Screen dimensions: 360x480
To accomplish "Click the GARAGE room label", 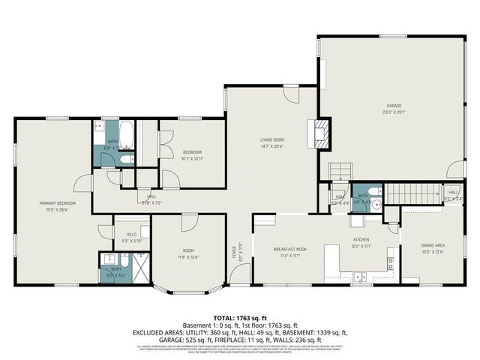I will (394, 106).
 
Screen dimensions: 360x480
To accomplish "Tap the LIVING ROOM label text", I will (271, 140).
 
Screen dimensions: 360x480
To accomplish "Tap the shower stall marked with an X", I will (140, 266).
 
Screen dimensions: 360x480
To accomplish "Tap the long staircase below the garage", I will (414, 193).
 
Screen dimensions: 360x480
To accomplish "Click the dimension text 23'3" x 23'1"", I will (394, 112).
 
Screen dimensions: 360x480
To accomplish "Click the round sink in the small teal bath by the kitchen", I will (377, 202).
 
